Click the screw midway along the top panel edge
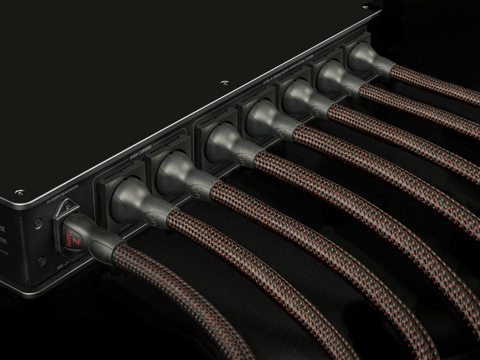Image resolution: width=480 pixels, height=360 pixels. [225, 83]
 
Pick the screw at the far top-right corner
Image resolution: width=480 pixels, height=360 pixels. [365, 7]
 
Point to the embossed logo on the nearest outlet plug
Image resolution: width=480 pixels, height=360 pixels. [151, 217]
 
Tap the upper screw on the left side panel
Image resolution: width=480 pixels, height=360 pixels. [38, 223]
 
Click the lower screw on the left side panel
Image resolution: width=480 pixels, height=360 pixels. [41, 261]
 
